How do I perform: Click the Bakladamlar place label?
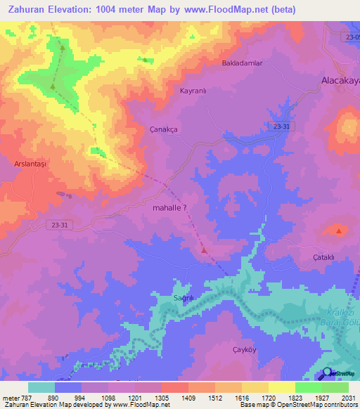[x=242, y=63]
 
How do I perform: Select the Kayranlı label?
[x=193, y=91]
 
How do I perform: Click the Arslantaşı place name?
[x=30, y=163]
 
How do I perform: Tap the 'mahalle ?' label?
[x=169, y=208]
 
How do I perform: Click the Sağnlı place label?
[x=184, y=298]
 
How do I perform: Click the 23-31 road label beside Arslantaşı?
[x=61, y=224]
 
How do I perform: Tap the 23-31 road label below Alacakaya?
[x=280, y=125]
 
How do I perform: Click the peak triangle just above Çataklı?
[x=340, y=231]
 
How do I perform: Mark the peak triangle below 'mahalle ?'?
[x=204, y=249]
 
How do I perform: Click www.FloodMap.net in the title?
[x=229, y=9]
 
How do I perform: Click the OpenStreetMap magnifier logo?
[x=327, y=374]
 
